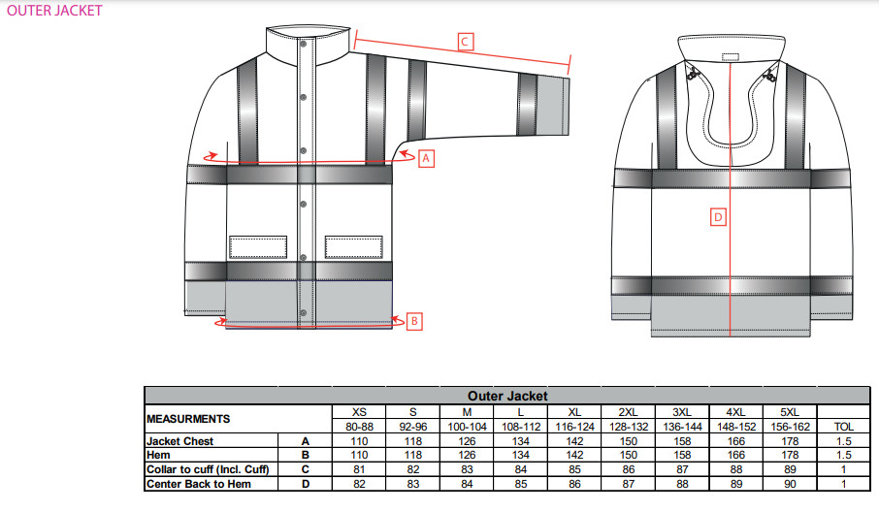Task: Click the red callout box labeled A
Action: (x=426, y=158)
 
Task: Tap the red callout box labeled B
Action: (x=414, y=321)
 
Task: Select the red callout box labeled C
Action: (x=465, y=42)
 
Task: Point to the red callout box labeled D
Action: (x=718, y=217)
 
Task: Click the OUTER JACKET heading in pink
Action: (x=54, y=11)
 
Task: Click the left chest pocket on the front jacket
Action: (x=258, y=247)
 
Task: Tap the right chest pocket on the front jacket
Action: (x=354, y=247)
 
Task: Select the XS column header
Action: (x=359, y=412)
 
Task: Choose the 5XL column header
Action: (x=790, y=412)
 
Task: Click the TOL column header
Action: (x=844, y=427)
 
